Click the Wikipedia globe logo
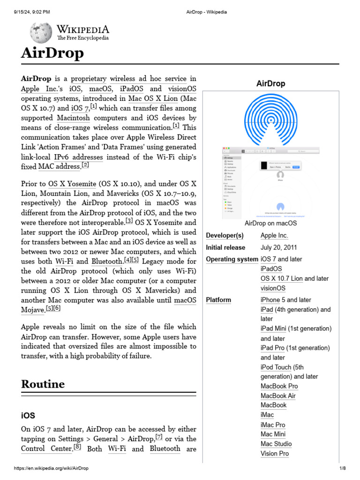pos(41,32)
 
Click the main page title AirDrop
pos(52,53)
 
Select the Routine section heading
pos(43,384)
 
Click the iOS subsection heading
pos(28,416)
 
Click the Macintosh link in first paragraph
pos(74,118)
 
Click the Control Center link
pos(46,449)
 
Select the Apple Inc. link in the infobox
pos(274,235)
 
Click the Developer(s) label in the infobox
pos(225,235)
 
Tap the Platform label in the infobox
pos(218,300)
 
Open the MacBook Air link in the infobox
pos(278,396)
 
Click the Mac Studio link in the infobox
pos(276,443)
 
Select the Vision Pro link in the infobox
pos(275,453)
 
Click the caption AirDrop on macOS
pos(271,223)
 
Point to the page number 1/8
pos(342,468)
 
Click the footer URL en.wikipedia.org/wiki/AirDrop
pos(51,468)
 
